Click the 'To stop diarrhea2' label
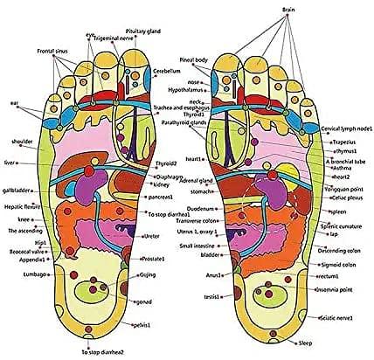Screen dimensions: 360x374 [x=102, y=352]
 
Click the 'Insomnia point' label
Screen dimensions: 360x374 [x=337, y=288]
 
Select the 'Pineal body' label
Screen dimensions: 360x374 [x=194, y=59]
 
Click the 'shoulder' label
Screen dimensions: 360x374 [x=21, y=139]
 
